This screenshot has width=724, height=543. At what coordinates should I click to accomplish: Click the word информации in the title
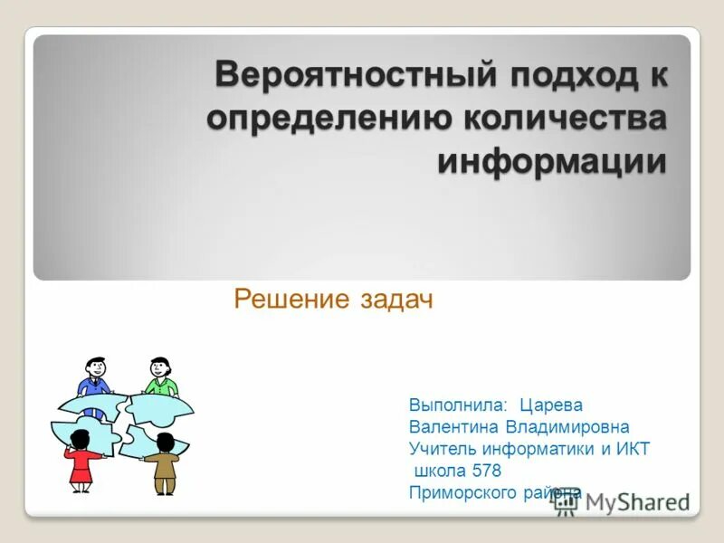pyautogui.click(x=552, y=163)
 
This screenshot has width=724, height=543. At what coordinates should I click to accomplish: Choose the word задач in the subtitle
pyautogui.click(x=395, y=300)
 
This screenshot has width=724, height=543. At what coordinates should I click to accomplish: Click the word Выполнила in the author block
pyautogui.click(x=457, y=405)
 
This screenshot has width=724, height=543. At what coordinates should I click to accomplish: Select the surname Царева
pyautogui.click(x=551, y=405)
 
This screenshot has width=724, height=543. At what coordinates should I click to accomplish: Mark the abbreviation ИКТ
pyautogui.click(x=632, y=449)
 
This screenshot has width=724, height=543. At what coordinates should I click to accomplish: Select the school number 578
pyautogui.click(x=484, y=471)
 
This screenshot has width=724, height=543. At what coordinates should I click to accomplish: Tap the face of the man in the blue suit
pyautogui.click(x=95, y=368)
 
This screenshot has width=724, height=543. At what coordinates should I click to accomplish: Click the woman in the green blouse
pyautogui.click(x=160, y=380)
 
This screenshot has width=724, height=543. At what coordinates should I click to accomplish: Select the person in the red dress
pyautogui.click(x=81, y=462)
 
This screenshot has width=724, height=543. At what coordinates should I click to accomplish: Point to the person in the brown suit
pyautogui.click(x=164, y=463)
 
